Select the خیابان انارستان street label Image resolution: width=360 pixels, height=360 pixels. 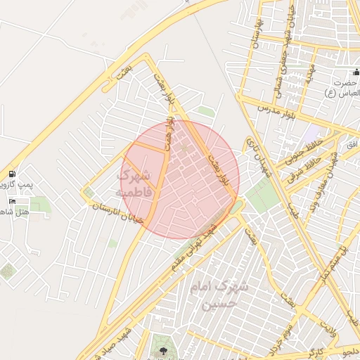tap(112, 212)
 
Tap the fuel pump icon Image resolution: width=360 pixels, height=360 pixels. tap(12, 174)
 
